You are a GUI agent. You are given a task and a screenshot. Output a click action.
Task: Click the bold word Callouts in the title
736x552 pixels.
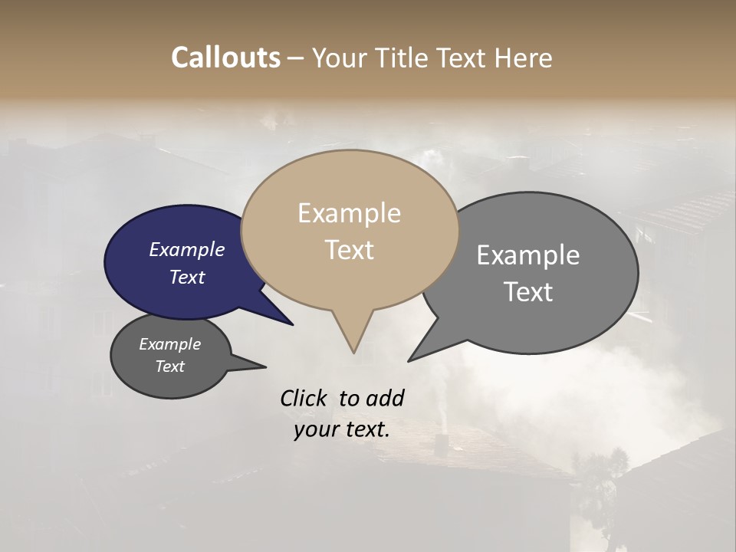click(x=225, y=58)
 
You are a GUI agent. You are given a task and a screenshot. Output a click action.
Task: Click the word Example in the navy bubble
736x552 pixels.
click(x=186, y=250)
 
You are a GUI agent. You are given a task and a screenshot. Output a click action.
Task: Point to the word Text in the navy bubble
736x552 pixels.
click(x=186, y=277)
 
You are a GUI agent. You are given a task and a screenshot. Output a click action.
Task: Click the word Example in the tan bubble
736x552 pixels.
click(x=349, y=213)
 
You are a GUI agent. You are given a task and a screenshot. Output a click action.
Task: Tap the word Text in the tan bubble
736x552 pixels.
click(x=349, y=250)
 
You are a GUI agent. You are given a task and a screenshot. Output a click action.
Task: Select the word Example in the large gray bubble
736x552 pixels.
click(x=528, y=255)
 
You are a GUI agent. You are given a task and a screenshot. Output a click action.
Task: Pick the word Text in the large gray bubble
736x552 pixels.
click(x=528, y=292)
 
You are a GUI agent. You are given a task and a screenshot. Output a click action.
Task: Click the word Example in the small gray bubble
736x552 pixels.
click(x=169, y=344)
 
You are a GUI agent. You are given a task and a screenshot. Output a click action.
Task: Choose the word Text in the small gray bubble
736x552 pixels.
click(x=169, y=366)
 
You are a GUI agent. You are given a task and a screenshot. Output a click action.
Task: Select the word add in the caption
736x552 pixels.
click(x=385, y=398)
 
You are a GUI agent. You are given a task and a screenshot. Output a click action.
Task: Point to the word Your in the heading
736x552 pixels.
click(x=337, y=58)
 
